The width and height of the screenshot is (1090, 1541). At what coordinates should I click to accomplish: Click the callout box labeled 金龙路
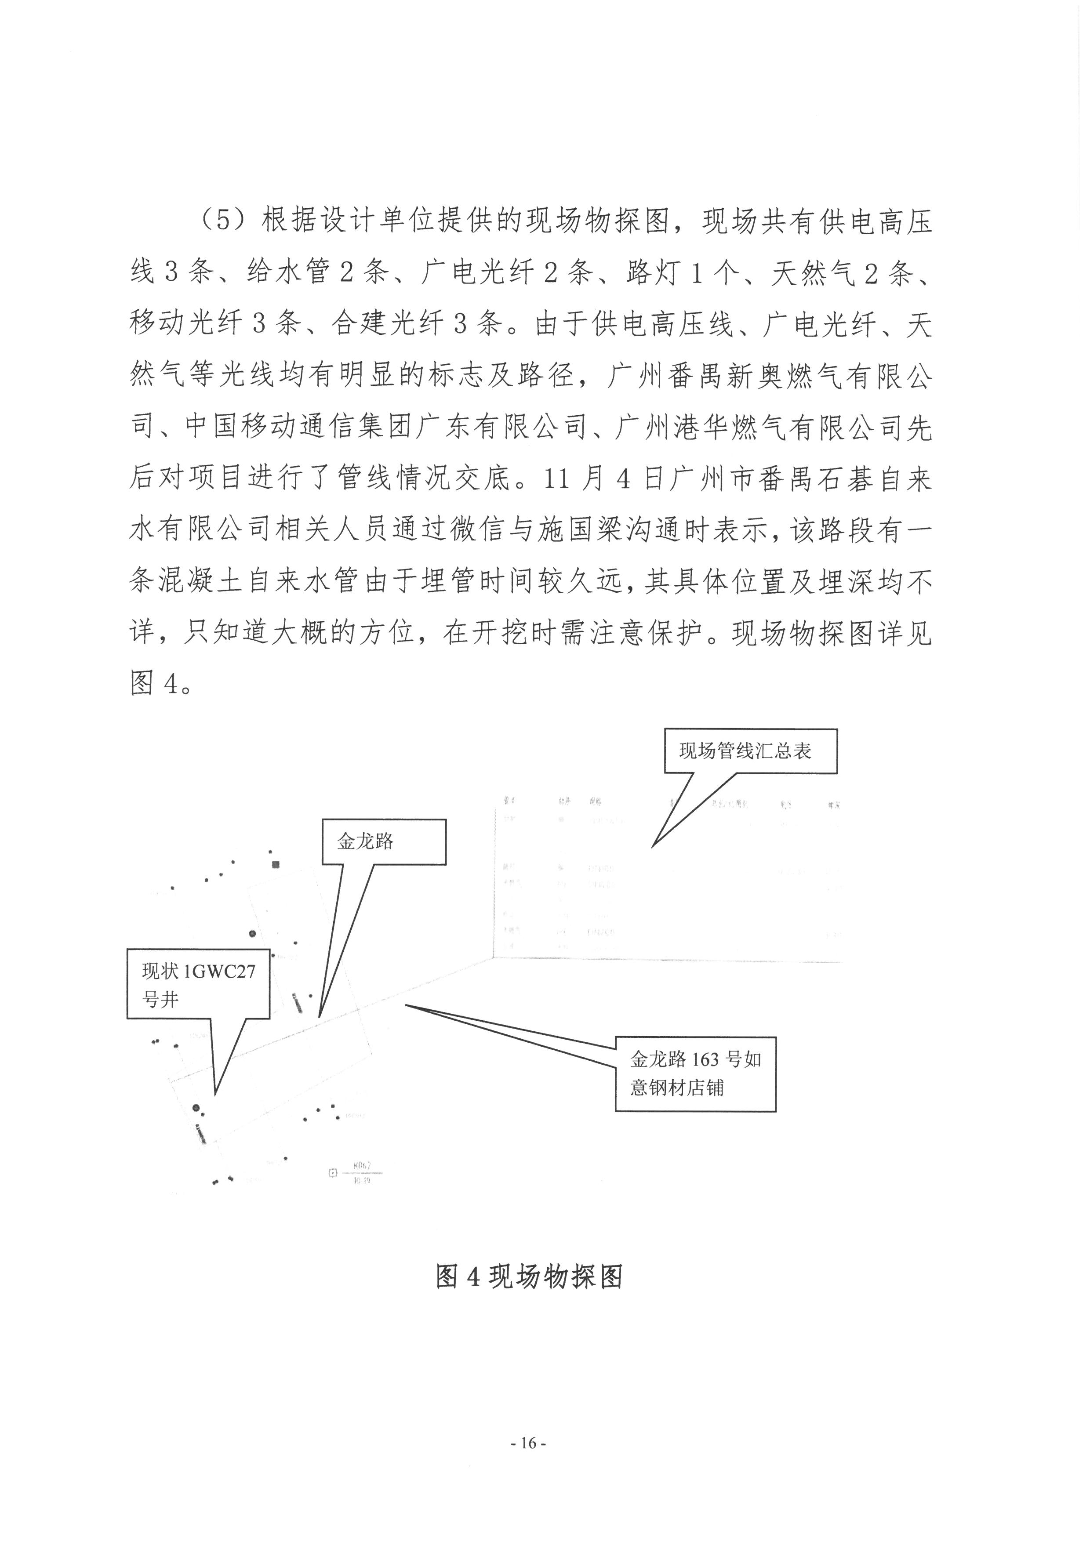click(383, 841)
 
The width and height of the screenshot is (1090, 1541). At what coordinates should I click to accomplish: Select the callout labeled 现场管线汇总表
click(750, 751)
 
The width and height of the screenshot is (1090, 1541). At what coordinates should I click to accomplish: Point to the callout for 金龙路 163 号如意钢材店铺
click(695, 1073)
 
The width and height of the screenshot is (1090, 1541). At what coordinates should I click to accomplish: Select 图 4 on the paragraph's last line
click(155, 684)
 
